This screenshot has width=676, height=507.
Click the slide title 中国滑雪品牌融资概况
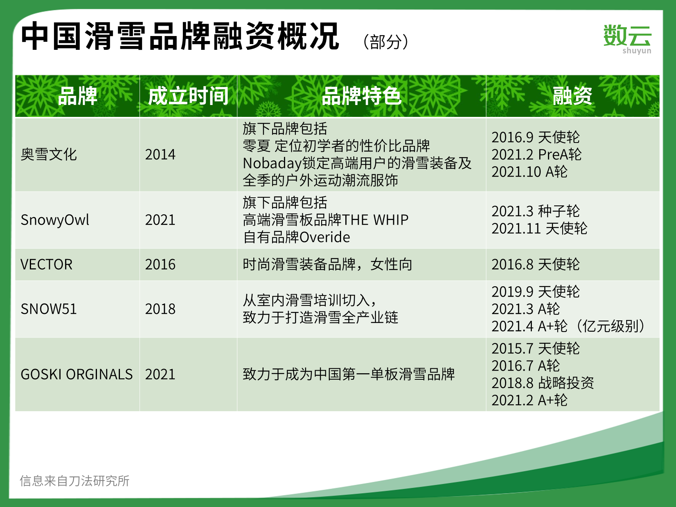click(180, 36)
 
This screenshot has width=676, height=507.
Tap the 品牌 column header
click(77, 96)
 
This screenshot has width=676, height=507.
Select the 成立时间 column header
click(188, 96)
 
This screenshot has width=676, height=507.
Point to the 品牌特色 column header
click(361, 96)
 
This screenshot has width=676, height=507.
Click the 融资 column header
click(573, 96)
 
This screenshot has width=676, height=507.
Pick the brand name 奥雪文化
click(49, 154)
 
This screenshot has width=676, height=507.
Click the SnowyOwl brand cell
click(55, 220)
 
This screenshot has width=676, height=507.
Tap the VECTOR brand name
click(46, 264)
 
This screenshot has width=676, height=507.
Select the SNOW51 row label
click(49, 309)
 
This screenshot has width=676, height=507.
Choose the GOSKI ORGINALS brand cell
click(77, 374)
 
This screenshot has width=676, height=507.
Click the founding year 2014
click(160, 154)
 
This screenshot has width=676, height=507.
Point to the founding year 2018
click(160, 309)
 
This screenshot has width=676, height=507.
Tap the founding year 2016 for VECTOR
click(160, 264)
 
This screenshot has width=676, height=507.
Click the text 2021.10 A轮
click(530, 172)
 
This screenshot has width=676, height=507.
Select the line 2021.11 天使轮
click(540, 228)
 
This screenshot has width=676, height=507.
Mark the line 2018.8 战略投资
click(543, 383)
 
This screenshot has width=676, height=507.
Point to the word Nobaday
click(272, 163)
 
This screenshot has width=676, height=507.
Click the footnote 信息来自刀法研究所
click(75, 481)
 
